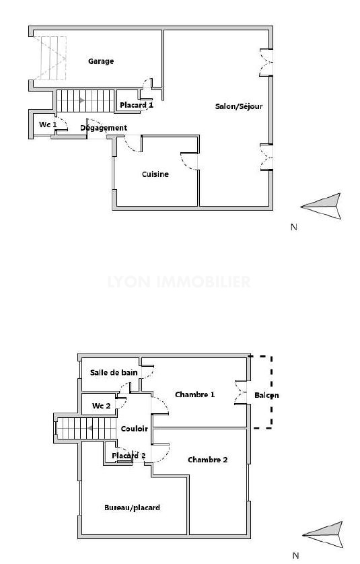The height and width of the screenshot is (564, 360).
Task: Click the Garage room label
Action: [x=101, y=61]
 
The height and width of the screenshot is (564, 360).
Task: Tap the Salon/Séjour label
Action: [x=239, y=106]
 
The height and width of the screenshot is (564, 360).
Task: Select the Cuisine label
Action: [x=155, y=174]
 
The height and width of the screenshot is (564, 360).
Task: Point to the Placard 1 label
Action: [x=137, y=105]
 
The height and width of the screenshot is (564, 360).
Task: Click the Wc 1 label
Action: [x=48, y=125]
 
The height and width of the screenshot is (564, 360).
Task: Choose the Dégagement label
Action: [x=104, y=128]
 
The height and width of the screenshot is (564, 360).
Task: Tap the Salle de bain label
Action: [x=114, y=373]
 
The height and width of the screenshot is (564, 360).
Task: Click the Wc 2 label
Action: [x=101, y=406]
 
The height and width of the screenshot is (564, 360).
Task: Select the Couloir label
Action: [x=134, y=429]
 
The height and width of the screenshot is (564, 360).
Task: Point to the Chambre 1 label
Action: [x=195, y=394]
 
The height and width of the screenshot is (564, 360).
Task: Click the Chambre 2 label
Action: [x=207, y=460]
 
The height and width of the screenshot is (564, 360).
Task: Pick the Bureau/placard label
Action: [x=132, y=508]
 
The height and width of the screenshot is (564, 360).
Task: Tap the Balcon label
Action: [x=266, y=395]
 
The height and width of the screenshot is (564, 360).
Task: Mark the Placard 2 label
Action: [x=129, y=456]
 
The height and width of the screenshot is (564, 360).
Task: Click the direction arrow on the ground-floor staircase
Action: [x=82, y=100]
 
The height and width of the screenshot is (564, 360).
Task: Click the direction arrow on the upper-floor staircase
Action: [x=90, y=428]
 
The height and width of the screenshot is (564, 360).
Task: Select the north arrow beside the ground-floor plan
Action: [x=321, y=206]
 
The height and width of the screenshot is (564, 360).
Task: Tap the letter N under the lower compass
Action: [x=295, y=556]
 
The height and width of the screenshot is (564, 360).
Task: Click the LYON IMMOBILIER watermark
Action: [x=179, y=281]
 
